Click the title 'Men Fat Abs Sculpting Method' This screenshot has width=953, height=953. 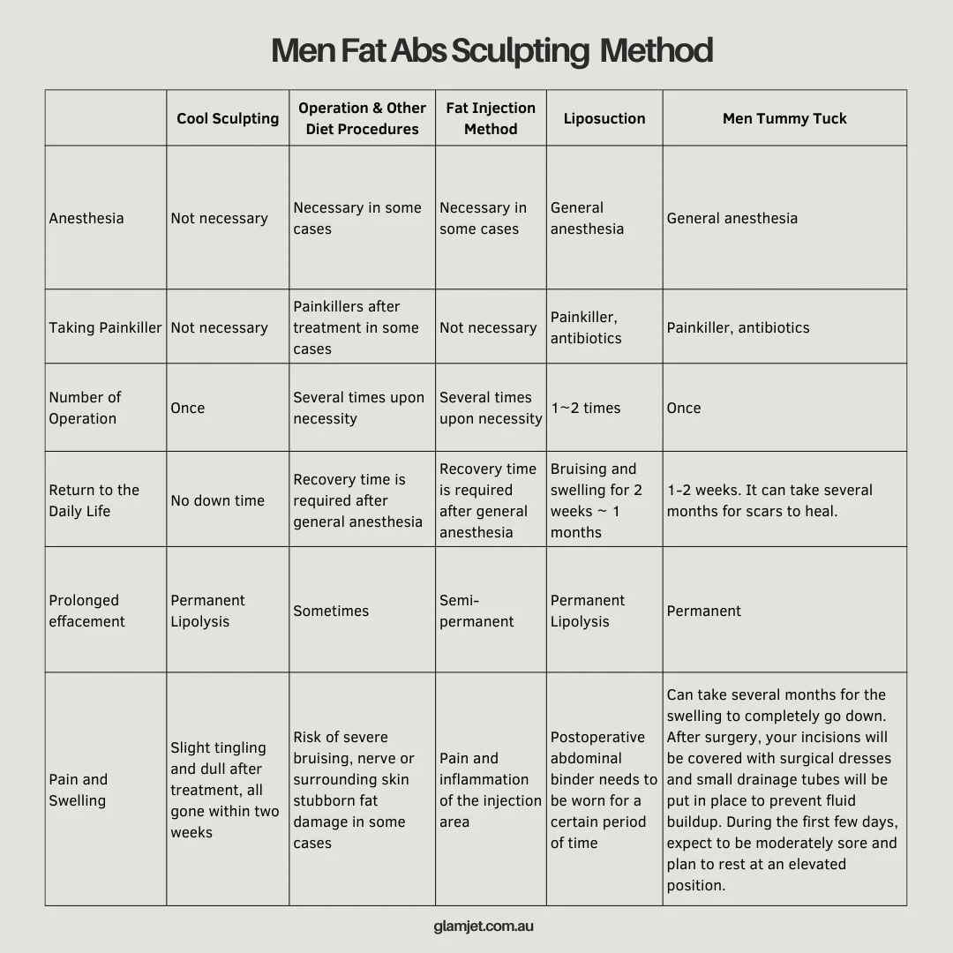(x=492, y=51)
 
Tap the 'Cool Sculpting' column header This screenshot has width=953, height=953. (x=228, y=118)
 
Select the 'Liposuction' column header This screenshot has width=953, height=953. (x=604, y=118)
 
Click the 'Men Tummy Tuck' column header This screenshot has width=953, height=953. (x=784, y=118)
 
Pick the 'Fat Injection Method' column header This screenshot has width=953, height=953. (x=491, y=118)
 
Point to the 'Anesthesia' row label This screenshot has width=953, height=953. (x=86, y=218)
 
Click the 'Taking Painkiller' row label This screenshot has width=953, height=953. (x=105, y=327)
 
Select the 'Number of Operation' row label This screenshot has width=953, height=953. (x=85, y=408)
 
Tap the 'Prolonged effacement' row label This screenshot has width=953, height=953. (x=86, y=611)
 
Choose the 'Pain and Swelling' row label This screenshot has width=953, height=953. (x=78, y=790)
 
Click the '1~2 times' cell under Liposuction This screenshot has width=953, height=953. (x=586, y=408)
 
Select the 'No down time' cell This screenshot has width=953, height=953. (x=218, y=500)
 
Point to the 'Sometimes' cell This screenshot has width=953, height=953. (x=331, y=611)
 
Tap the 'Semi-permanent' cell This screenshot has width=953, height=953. (x=476, y=611)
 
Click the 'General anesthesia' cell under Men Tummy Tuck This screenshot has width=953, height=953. (x=732, y=218)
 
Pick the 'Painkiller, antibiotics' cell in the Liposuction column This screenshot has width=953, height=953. (x=586, y=327)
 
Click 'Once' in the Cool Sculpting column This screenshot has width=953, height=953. (x=188, y=408)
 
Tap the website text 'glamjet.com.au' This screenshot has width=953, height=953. (x=484, y=927)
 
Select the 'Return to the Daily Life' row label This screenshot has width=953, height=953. (x=94, y=500)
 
